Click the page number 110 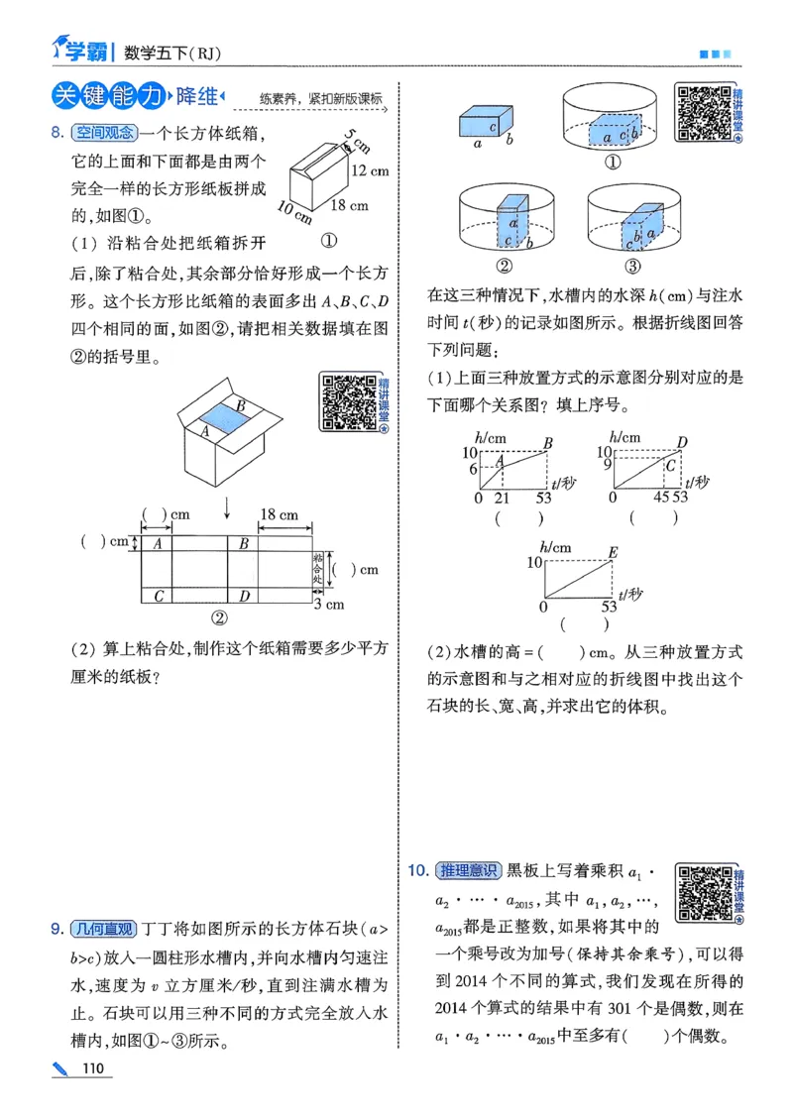[94, 1067]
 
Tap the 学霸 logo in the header [77, 45]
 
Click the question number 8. [57, 131]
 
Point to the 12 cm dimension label [369, 170]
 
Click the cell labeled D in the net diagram [243, 596]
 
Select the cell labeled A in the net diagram [157, 543]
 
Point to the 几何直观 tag [103, 929]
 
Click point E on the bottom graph [613, 551]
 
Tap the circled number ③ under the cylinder [632, 266]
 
